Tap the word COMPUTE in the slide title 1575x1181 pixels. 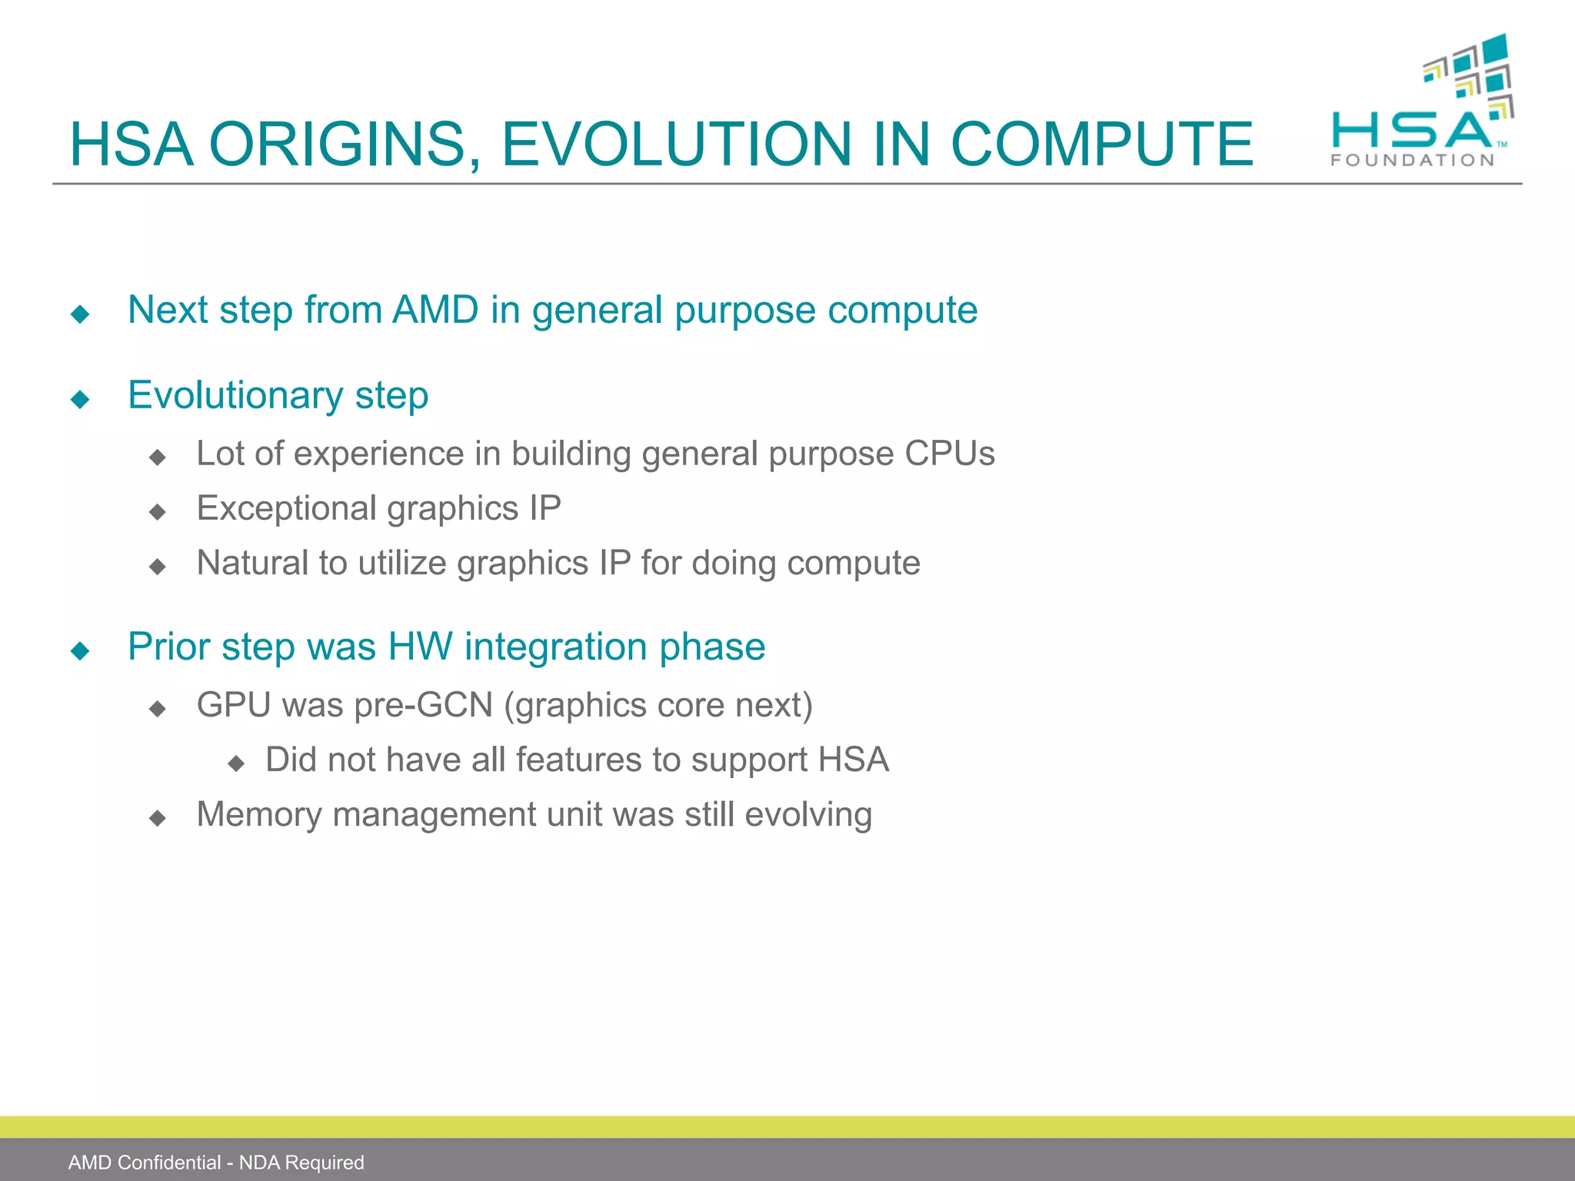[1101, 145]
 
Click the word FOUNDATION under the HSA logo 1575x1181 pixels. [1412, 161]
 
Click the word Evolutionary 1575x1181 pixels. [235, 396]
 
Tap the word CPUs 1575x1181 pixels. [949, 454]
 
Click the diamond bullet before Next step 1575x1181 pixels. [80, 314]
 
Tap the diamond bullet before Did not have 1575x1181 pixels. [236, 763]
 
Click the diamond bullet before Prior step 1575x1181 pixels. [80, 651]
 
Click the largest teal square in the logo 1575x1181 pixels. [1494, 48]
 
